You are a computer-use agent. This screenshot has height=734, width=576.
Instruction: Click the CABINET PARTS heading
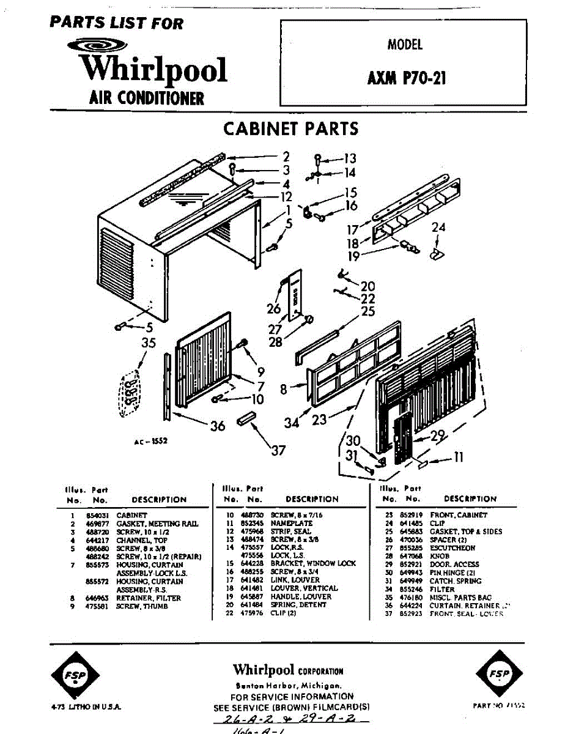290,129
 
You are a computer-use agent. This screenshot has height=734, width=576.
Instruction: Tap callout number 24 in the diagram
438,228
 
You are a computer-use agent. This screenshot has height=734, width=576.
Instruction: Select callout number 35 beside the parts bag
149,343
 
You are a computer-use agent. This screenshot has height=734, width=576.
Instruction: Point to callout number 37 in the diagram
279,451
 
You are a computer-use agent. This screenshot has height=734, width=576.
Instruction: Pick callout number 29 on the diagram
438,436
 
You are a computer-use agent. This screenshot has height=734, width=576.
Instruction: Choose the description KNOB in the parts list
439,556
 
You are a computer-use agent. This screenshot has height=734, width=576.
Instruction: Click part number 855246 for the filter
406,589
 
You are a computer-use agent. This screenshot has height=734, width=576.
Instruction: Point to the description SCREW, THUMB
142,606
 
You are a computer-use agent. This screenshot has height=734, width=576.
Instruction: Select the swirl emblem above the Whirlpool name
97,45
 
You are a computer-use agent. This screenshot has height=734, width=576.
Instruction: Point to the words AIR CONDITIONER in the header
147,98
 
